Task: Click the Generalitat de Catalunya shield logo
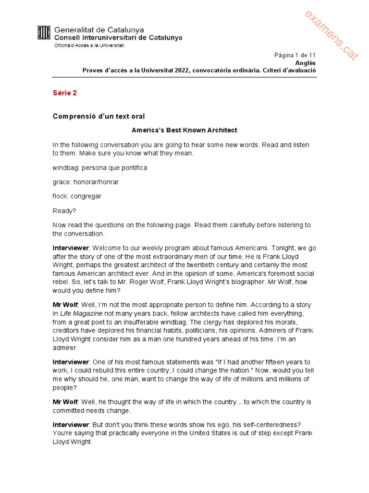pos(44,33)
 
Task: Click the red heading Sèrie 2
pos(64,93)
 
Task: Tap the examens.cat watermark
pos(331,36)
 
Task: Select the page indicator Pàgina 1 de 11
pos(295,55)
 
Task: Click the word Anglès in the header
pos(306,63)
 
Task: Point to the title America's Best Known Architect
pos(184,130)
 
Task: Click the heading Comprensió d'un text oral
pos(98,116)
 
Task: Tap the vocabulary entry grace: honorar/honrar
pos(86,182)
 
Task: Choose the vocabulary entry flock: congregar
pos(77,196)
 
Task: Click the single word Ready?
pos(64,211)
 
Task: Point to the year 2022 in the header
pos(181,70)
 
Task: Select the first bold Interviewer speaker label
pos(71,248)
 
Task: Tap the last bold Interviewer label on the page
pos(71,425)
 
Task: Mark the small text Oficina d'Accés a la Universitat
pos(89,45)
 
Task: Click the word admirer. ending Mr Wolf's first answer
pos(65,348)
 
